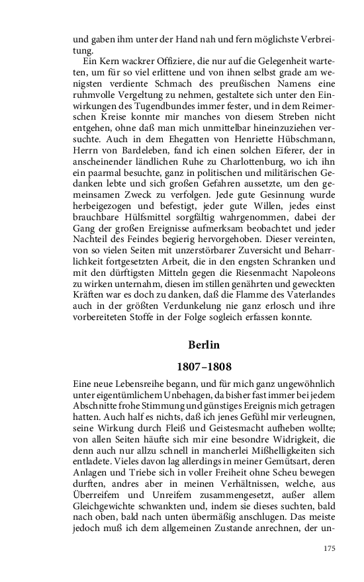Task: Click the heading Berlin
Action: click(x=203, y=345)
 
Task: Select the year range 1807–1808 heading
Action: click(x=203, y=366)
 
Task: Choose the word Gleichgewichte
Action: click(x=107, y=500)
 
